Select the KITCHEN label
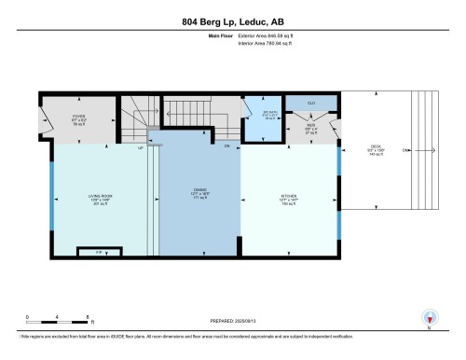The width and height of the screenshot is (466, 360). click(x=287, y=198)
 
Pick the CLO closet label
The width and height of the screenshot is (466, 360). click(x=299, y=103)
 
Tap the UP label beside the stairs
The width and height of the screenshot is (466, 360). click(x=141, y=147)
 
